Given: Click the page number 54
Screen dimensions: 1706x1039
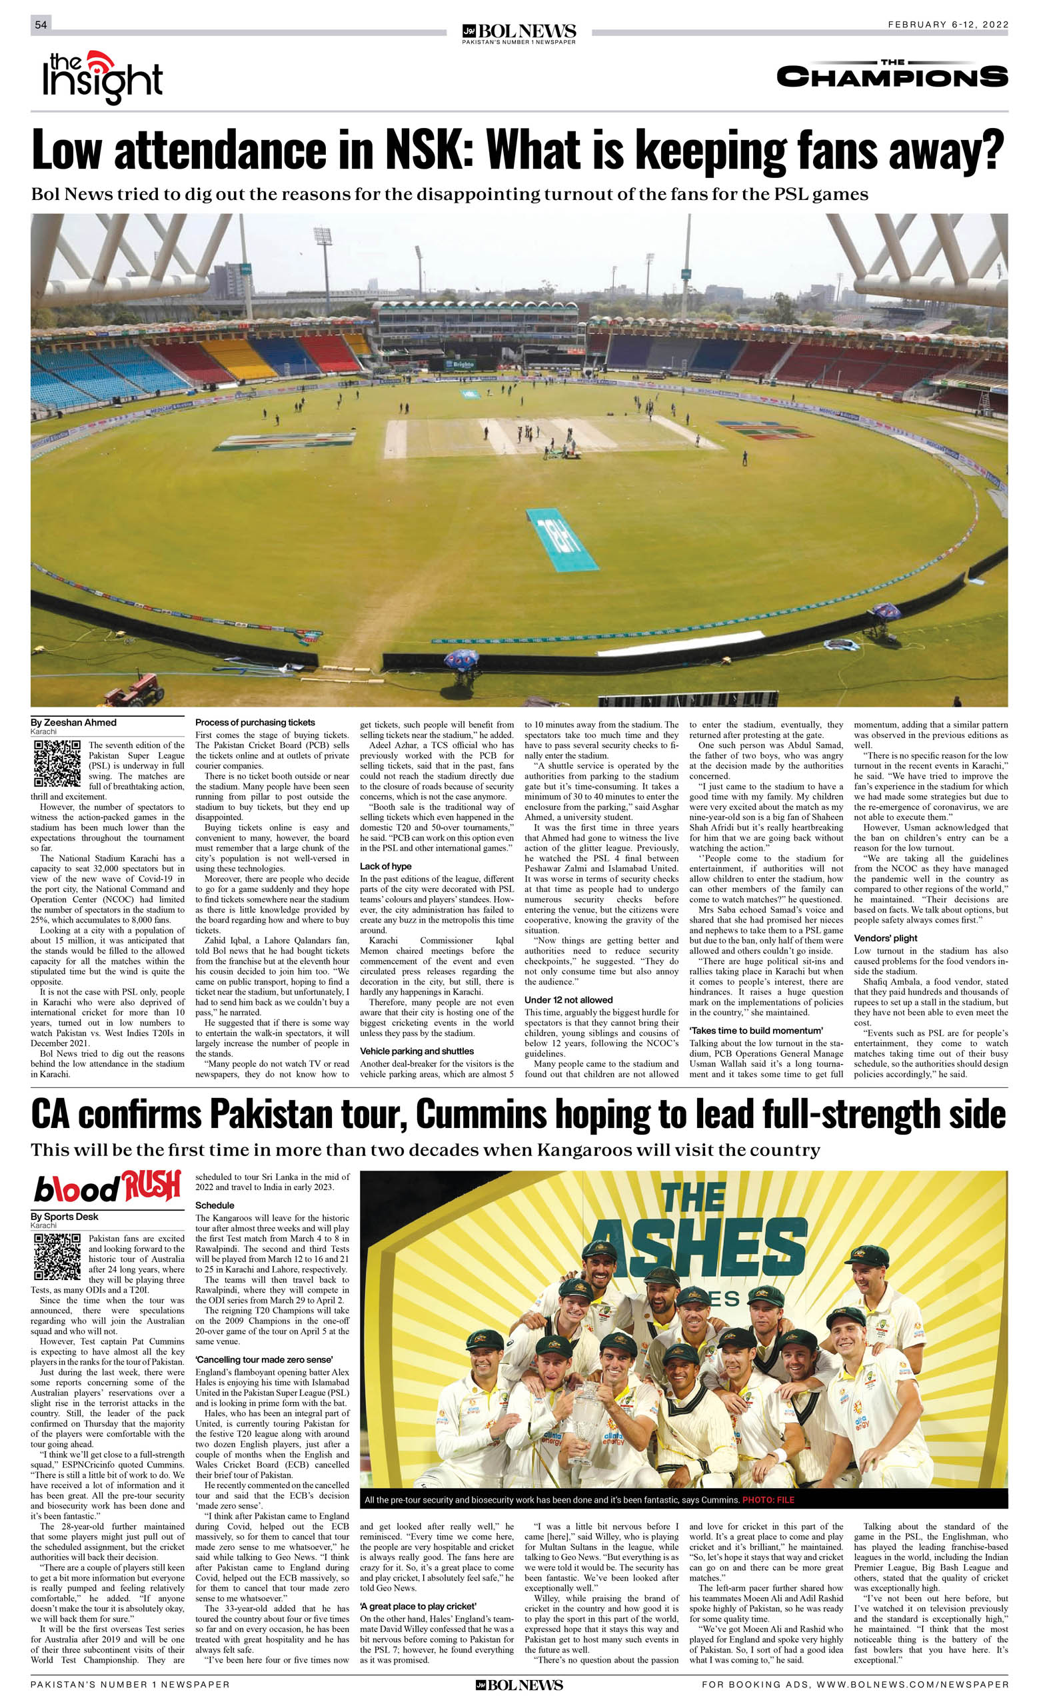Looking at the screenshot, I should [41, 25].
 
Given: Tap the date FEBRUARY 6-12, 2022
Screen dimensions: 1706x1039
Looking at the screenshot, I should [948, 24].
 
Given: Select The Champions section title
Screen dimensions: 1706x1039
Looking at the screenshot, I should [892, 75].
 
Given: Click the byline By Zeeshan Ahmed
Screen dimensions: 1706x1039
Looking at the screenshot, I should [73, 722].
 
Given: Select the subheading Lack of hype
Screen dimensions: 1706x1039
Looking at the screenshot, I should [386, 866].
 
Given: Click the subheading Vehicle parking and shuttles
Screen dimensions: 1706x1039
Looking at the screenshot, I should [417, 1051].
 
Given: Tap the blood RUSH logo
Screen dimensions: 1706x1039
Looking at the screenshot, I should [107, 1187].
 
